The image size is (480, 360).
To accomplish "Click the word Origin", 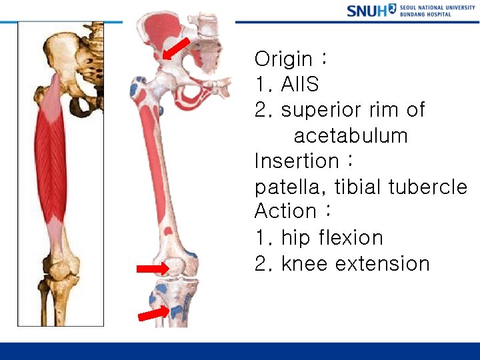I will (283, 59).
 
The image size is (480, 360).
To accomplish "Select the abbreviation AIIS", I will (300, 85).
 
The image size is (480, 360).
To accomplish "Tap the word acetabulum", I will (351, 136).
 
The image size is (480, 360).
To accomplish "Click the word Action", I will (285, 211).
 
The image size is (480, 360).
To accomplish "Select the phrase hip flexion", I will (332, 237).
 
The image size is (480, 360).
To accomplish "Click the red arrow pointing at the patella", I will (153, 269).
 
